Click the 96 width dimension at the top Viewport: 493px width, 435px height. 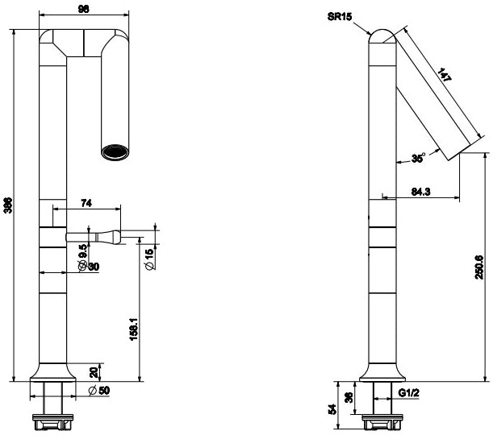[x=84, y=8]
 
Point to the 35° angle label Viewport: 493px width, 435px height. [x=418, y=159]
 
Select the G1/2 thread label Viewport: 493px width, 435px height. [x=410, y=392]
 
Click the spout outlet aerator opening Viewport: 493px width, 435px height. [x=114, y=151]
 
